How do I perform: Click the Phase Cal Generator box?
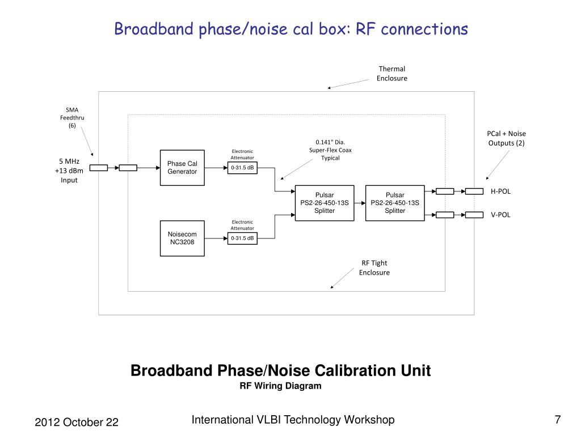[x=182, y=168]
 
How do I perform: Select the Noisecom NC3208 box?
[x=182, y=238]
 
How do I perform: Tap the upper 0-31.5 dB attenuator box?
[x=243, y=168]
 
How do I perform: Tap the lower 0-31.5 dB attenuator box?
[x=243, y=238]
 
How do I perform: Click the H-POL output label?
[x=500, y=191]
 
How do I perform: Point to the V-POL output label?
[x=500, y=215]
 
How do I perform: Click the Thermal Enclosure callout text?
[x=391, y=74]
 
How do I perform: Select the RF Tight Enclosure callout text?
[x=374, y=267]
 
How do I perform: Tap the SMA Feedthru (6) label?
[x=72, y=117]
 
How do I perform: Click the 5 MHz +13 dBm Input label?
[x=69, y=170]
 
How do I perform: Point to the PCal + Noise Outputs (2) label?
[x=506, y=138]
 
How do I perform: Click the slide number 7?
[x=558, y=420]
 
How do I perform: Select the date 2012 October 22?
[x=77, y=423]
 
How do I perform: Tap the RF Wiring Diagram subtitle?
[x=280, y=386]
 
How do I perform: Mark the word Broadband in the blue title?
[x=154, y=29]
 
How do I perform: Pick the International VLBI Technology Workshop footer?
[x=293, y=420]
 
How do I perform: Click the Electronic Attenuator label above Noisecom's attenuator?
[x=242, y=225]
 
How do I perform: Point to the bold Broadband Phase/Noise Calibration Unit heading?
[x=280, y=371]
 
